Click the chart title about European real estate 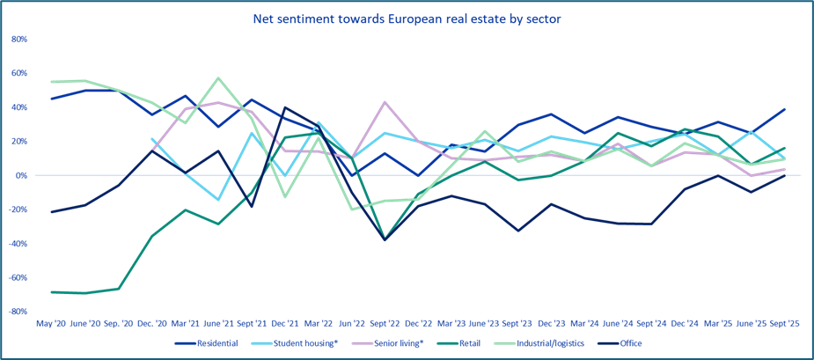(407, 17)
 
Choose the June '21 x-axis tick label (216, 324)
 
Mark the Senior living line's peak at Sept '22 (385, 102)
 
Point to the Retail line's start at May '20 (52, 291)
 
